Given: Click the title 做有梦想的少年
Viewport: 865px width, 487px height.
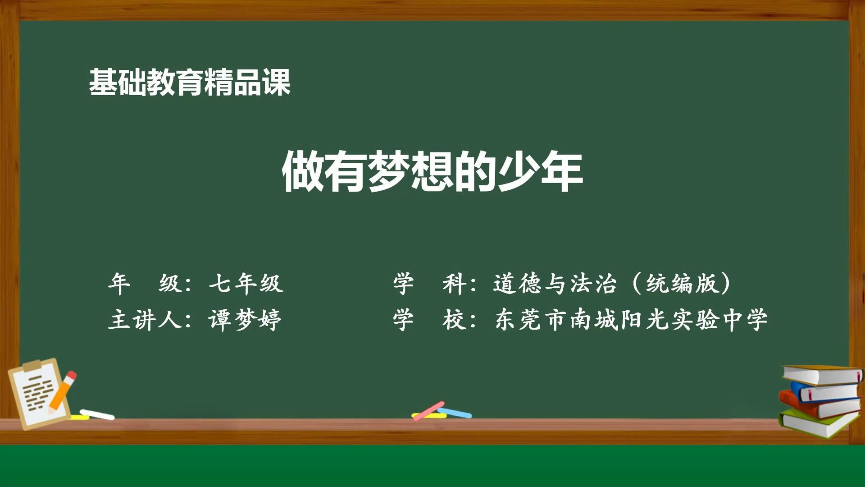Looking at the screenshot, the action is pyautogui.click(x=432, y=172).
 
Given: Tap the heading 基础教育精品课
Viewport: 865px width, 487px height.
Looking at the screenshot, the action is pyautogui.click(x=190, y=82).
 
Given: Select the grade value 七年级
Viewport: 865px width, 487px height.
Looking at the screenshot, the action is pyautogui.click(x=246, y=284).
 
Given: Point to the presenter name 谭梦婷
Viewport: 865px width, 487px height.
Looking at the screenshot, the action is pyautogui.click(x=245, y=320).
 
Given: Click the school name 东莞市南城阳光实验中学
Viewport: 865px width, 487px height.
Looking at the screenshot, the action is pyautogui.click(x=631, y=320).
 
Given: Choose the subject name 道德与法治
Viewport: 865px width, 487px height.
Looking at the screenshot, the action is pyautogui.click(x=555, y=284).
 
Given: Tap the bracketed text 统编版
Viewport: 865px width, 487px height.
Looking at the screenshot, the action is pyautogui.click(x=681, y=284).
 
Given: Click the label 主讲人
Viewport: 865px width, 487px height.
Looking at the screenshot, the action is pyautogui.click(x=145, y=320).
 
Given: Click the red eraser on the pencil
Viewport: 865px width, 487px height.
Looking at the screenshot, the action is pyautogui.click(x=71, y=376).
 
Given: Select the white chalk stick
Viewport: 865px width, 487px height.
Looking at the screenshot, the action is pyautogui.click(x=97, y=414).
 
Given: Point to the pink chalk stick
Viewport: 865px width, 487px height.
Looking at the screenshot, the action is pyautogui.click(x=428, y=411).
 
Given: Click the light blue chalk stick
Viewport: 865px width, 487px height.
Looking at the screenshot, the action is pyautogui.click(x=455, y=413).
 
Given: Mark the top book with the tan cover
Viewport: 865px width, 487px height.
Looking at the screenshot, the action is pyautogui.click(x=822, y=375).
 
